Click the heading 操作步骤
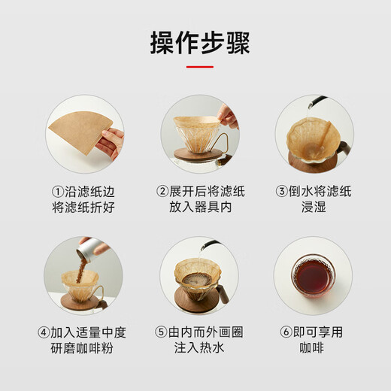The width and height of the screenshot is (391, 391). pyautogui.click(x=195, y=43)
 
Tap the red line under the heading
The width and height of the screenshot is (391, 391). pyautogui.click(x=195, y=67)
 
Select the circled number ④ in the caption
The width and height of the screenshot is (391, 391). pyautogui.click(x=44, y=332)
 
